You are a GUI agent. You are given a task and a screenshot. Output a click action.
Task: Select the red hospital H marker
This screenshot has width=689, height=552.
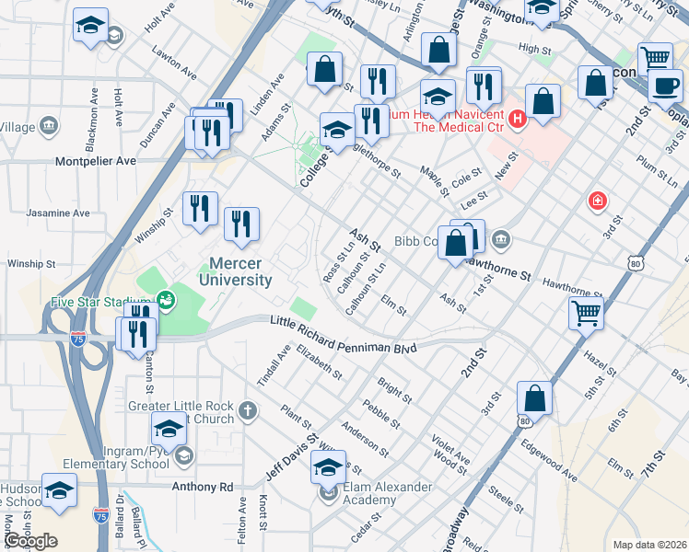[x=517, y=119]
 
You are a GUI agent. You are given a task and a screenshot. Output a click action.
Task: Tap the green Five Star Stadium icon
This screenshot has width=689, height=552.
[x=166, y=299]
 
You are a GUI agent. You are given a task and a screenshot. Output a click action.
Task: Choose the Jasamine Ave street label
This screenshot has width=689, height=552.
[x=58, y=213]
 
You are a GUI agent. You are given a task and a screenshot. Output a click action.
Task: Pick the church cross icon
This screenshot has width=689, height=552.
[x=247, y=409]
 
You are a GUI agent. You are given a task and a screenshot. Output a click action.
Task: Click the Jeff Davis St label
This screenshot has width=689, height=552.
[x=292, y=453]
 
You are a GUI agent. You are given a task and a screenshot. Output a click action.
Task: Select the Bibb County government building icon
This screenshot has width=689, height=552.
[x=500, y=241]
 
